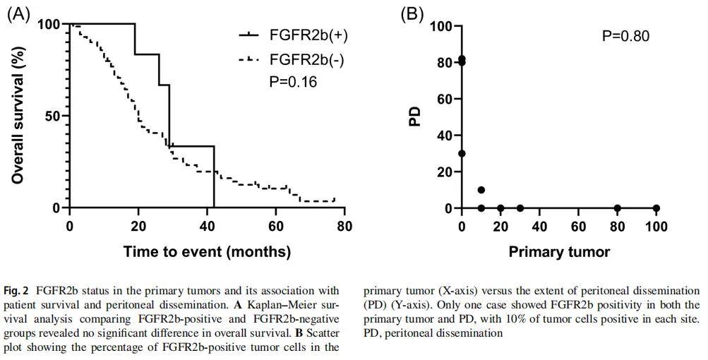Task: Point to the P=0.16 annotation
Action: pyautogui.click(x=293, y=82)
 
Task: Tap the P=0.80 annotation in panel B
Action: pyautogui.click(x=625, y=36)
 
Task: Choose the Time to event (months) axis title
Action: pyautogui.click(x=207, y=251)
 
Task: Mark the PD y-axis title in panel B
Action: pyautogui.click(x=416, y=116)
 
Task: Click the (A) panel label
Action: pyautogui.click(x=19, y=15)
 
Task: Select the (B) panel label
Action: pyautogui.click(x=412, y=14)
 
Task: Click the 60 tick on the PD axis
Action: pyautogui.click(x=443, y=99)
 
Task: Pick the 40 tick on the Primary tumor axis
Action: pyautogui.click(x=540, y=227)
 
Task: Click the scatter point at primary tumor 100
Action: pyautogui.click(x=656, y=208)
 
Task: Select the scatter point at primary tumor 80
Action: pyautogui.click(x=618, y=208)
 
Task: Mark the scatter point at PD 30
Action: pyautogui.click(x=462, y=153)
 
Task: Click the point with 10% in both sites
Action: pyautogui.click(x=481, y=190)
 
